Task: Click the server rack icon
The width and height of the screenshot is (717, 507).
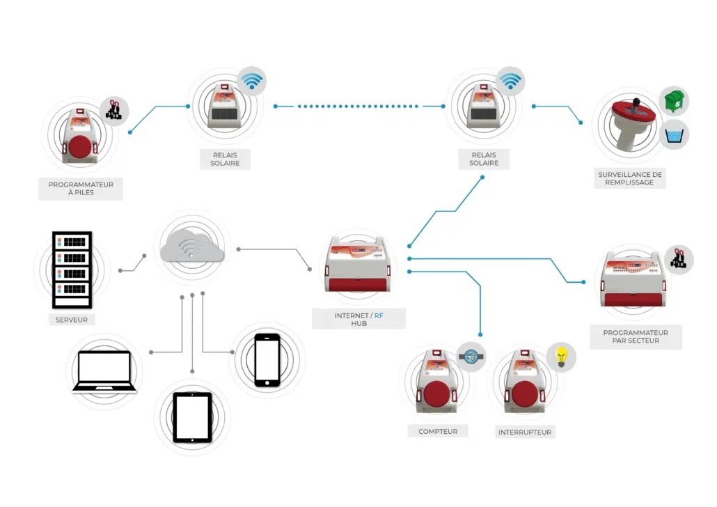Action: point(72,270)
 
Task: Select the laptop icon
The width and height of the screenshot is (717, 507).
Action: point(104,370)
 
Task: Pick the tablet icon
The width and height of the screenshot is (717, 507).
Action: point(192,417)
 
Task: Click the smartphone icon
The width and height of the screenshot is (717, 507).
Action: point(267,359)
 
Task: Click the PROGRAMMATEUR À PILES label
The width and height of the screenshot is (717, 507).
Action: point(81,189)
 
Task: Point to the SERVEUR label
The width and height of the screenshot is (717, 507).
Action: point(72,320)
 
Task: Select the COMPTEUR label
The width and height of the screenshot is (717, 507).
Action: point(438,431)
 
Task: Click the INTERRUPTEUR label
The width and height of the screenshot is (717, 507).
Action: point(524,432)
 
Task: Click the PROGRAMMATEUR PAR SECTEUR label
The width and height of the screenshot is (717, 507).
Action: point(635,337)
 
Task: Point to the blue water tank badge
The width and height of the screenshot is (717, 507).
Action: point(674,134)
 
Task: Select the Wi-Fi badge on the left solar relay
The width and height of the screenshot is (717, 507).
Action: point(251,81)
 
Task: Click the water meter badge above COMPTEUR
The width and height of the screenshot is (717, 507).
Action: point(471,357)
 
